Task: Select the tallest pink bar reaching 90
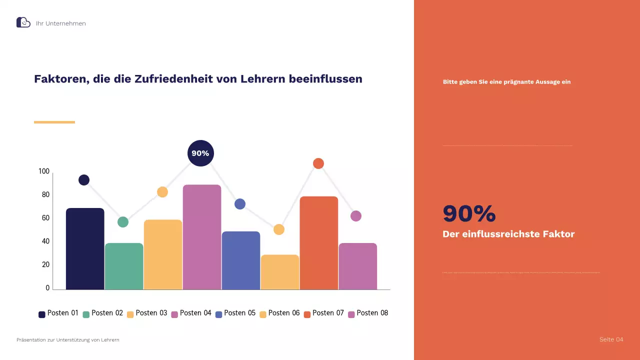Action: tap(202, 237)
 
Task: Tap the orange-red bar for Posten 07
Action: tap(319, 243)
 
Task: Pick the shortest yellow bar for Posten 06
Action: tap(280, 272)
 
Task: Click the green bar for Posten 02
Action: tap(124, 266)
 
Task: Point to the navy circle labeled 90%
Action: tap(200, 153)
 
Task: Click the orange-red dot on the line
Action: tap(318, 163)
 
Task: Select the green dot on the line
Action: tap(123, 222)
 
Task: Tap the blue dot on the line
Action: tap(240, 204)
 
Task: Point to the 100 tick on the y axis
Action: tap(44, 171)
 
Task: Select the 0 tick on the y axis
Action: tap(47, 288)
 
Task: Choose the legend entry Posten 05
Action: tap(235, 313)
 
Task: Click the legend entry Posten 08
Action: tap(368, 313)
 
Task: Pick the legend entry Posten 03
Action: tap(147, 313)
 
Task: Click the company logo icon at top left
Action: tap(23, 22)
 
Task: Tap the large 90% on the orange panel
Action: tap(469, 214)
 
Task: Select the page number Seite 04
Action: tap(611, 340)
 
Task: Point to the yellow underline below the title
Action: tap(54, 122)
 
